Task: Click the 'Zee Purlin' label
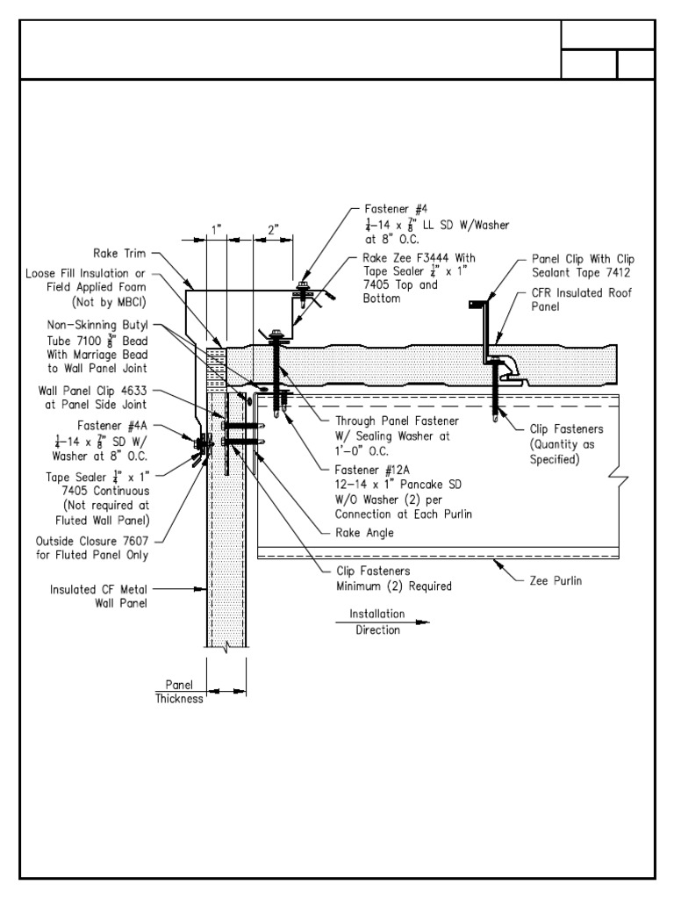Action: click(556, 580)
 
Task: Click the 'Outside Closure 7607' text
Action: click(92, 540)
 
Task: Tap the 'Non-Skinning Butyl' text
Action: click(103, 324)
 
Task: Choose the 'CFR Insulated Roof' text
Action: click(582, 292)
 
